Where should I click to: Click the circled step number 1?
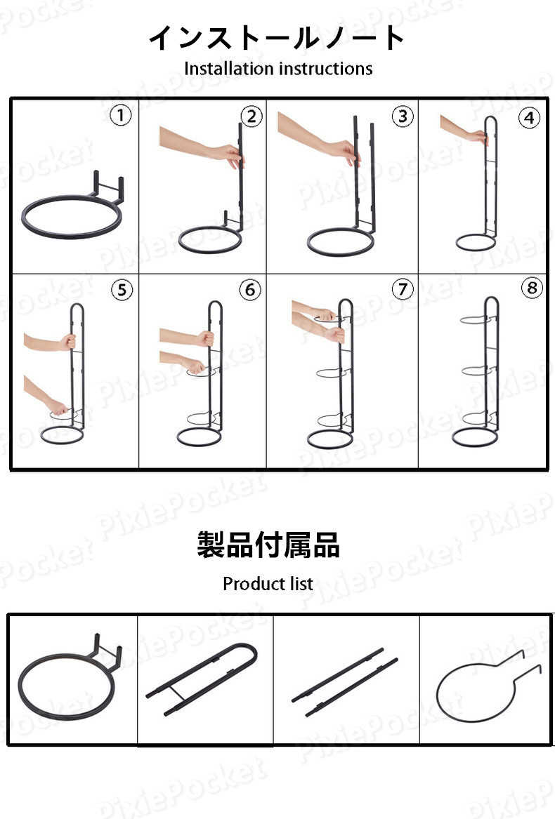(x=121, y=115)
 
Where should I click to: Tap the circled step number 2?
(x=252, y=116)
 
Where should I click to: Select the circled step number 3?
(x=403, y=116)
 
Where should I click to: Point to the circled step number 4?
(x=529, y=118)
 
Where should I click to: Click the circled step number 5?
(x=122, y=290)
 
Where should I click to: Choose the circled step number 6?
(x=250, y=289)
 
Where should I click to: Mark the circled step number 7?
(x=403, y=289)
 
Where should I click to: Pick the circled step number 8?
(x=532, y=288)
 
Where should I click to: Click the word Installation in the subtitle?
(x=228, y=68)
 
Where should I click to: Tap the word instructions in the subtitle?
(x=326, y=68)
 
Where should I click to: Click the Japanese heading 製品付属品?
(x=268, y=545)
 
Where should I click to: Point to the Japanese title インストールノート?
(x=277, y=37)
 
